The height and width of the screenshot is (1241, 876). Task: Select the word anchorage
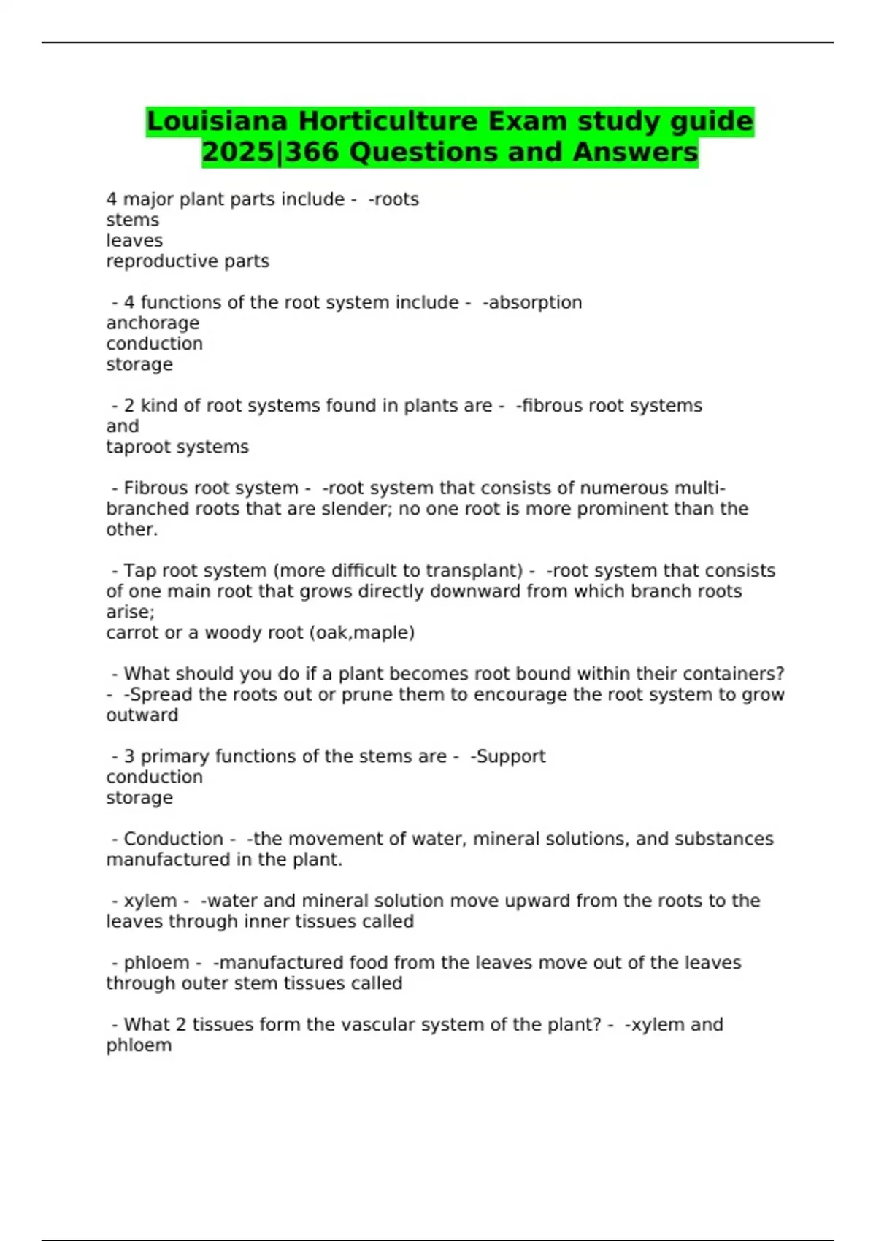(x=153, y=323)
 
